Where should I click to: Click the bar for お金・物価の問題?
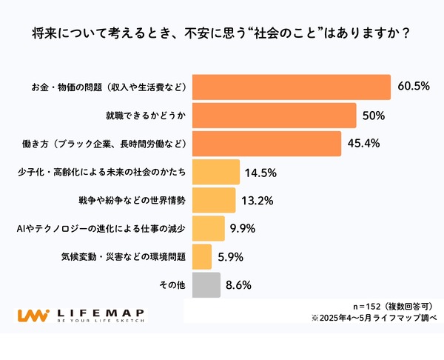291,87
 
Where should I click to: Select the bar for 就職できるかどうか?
274,116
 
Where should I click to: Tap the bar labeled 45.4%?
266,144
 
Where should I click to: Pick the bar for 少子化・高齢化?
216,172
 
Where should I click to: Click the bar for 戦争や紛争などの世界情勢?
214,200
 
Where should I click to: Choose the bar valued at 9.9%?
209,228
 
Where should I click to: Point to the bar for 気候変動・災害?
202,256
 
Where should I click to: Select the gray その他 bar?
206,284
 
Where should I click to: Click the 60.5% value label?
413,87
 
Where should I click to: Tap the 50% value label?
373,116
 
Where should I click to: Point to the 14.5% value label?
260,173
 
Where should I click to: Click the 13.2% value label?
256,201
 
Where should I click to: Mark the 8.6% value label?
241,285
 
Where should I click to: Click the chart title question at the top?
222,34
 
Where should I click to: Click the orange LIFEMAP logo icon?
34,315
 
